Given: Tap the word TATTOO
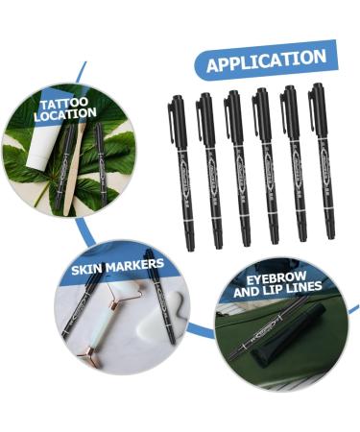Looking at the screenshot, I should [x=63, y=103].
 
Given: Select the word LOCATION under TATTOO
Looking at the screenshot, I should [x=65, y=115].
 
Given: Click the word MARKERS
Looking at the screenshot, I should [x=137, y=263].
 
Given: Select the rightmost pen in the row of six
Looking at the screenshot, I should [x=322, y=163].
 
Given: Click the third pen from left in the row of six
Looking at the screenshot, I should [x=237, y=168].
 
